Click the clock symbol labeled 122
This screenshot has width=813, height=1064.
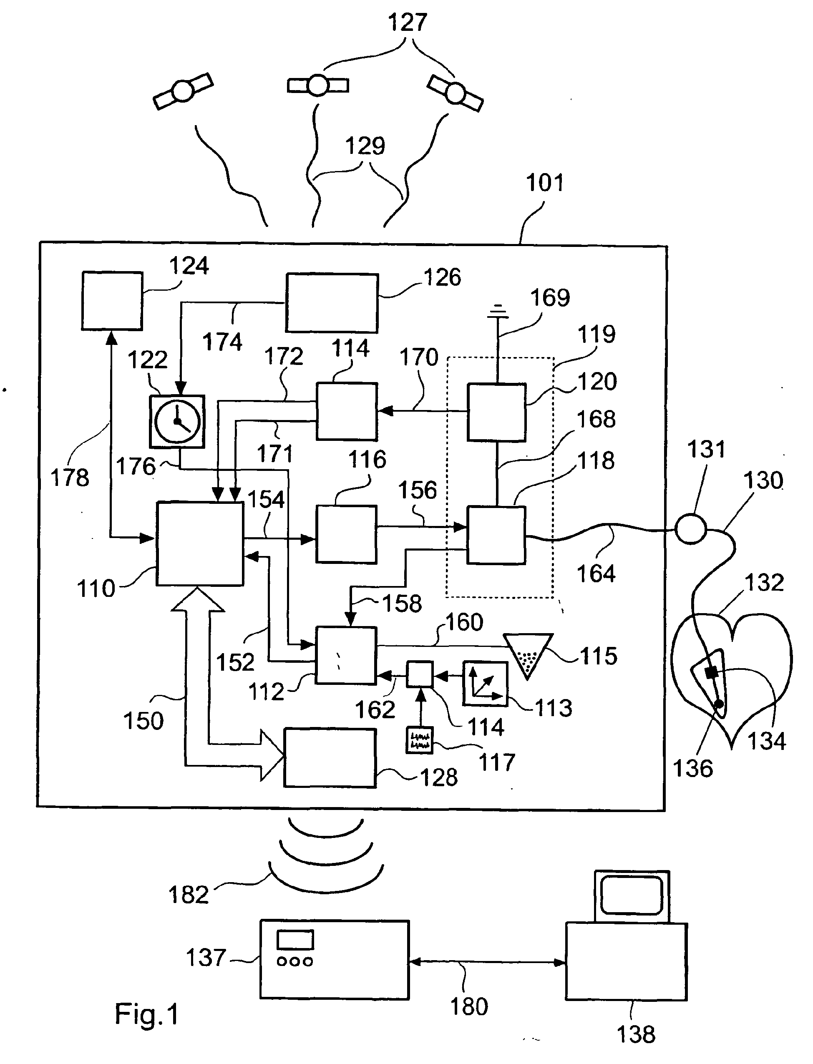177,421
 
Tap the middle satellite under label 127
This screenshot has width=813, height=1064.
318,86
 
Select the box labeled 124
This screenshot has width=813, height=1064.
112,301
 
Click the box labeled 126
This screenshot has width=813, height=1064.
332,303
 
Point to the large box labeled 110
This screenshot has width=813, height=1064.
199,544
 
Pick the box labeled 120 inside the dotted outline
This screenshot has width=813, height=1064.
496,412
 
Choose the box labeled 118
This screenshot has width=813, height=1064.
496,535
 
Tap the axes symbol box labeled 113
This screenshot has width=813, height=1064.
486,684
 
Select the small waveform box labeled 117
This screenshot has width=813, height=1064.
419,740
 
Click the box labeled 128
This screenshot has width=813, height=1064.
330,758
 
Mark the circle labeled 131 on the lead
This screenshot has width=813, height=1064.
690,529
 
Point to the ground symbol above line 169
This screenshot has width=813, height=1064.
498,312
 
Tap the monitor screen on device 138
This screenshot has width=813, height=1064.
632,895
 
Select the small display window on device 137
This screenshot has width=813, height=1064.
295,940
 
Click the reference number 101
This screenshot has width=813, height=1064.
545,184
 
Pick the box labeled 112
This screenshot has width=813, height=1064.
346,656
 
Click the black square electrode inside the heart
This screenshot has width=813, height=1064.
711,672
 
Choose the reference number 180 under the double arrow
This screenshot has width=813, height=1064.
469,1006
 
